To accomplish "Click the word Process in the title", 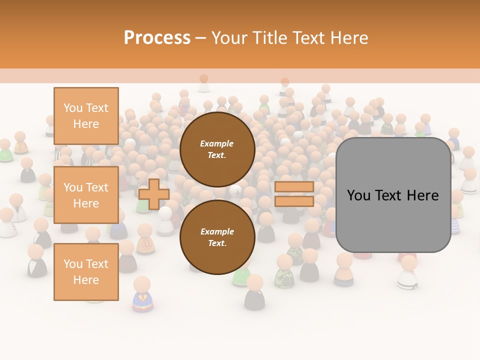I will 157,37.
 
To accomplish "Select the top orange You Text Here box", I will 86,116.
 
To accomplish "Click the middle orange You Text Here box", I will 86,195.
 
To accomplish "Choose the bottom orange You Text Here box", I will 86,272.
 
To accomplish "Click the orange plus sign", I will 153,194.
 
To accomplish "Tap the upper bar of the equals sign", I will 294,186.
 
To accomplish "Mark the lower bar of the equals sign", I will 294,201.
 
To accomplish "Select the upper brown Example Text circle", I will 217,149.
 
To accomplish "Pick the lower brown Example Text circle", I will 217,237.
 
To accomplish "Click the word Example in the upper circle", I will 217,143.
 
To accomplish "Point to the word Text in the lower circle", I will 217,243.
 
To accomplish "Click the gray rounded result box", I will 393,195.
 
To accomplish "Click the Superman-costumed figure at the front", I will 142,295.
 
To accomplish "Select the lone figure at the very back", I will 203,83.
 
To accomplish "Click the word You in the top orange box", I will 73,108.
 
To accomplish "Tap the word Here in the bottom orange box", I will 86,280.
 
